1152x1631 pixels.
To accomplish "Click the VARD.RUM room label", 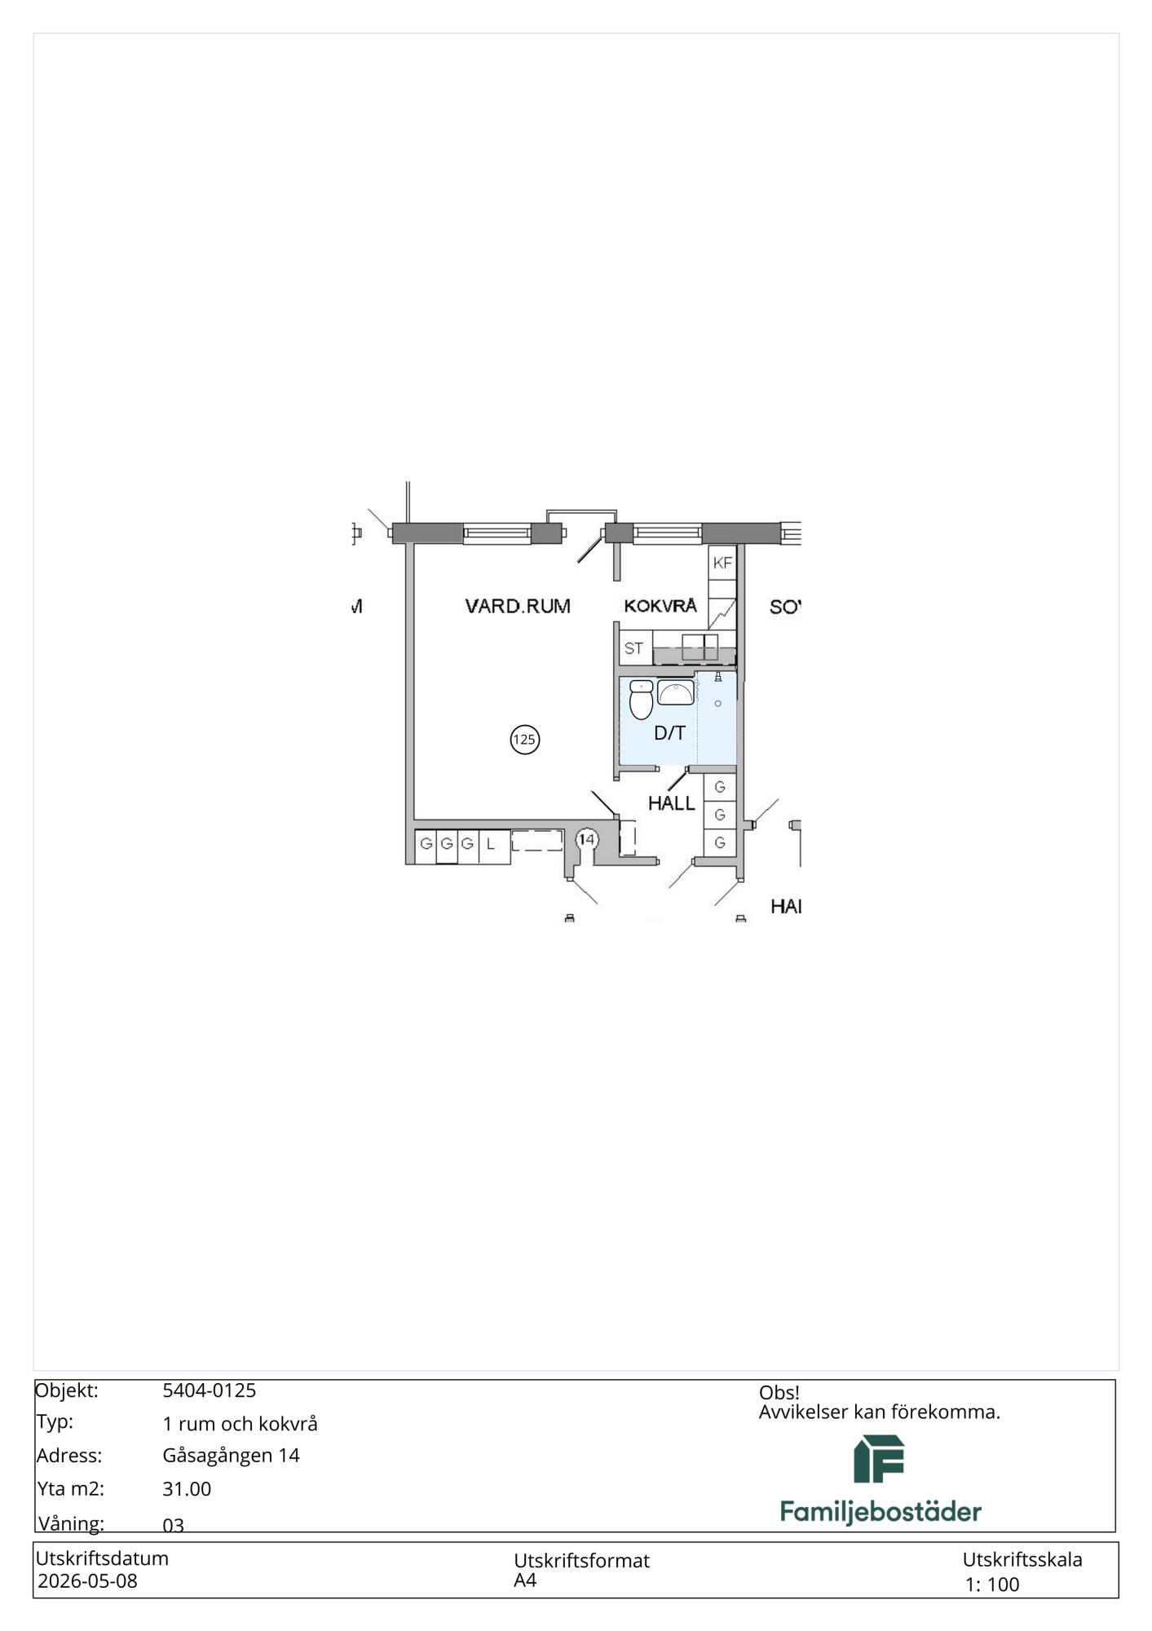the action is click(518, 606).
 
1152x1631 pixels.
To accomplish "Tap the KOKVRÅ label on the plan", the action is click(660, 605).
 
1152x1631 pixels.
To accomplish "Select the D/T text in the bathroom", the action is click(669, 733).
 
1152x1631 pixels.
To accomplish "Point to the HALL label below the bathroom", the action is click(671, 803).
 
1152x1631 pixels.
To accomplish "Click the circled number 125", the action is click(524, 740).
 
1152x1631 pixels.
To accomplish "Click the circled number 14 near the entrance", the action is click(587, 839).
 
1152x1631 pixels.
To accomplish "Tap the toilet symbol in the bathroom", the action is click(642, 700).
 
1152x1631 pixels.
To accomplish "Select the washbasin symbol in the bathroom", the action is click(676, 692).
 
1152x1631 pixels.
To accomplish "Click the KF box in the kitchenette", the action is click(722, 563).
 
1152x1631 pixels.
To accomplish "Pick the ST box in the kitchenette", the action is click(634, 648).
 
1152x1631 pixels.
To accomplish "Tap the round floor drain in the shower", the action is click(717, 703).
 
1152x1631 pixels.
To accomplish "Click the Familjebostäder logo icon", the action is click(879, 1459).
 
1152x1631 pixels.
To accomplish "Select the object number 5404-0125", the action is click(210, 1390).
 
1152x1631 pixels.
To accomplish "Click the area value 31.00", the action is click(187, 1489).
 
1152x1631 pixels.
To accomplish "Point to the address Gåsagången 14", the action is click(232, 1456).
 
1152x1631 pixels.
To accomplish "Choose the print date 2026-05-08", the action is click(87, 1581).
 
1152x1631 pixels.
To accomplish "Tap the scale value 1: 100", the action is click(992, 1585).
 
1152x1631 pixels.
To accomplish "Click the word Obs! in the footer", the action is click(779, 1393).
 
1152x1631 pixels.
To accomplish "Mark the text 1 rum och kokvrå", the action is click(240, 1424).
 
